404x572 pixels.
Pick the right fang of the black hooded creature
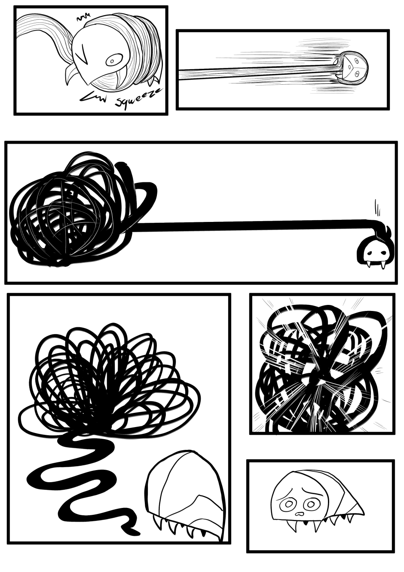[x=383, y=266]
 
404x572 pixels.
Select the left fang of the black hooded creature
[x=368, y=265]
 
